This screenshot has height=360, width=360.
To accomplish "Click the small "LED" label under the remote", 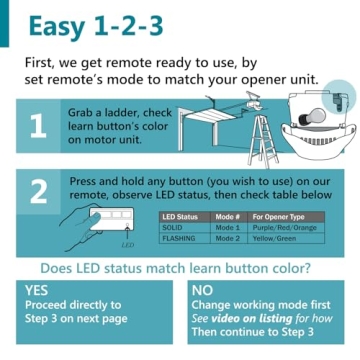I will pos(127,243).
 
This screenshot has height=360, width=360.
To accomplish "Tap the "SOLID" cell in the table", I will pos(172,228).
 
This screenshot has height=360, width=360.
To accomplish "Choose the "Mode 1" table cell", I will pos(228,228).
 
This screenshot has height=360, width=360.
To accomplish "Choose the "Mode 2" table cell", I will pos(228,239).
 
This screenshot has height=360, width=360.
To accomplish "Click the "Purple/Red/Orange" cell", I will pos(285,228).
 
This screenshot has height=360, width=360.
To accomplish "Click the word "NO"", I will pos(203,290).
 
